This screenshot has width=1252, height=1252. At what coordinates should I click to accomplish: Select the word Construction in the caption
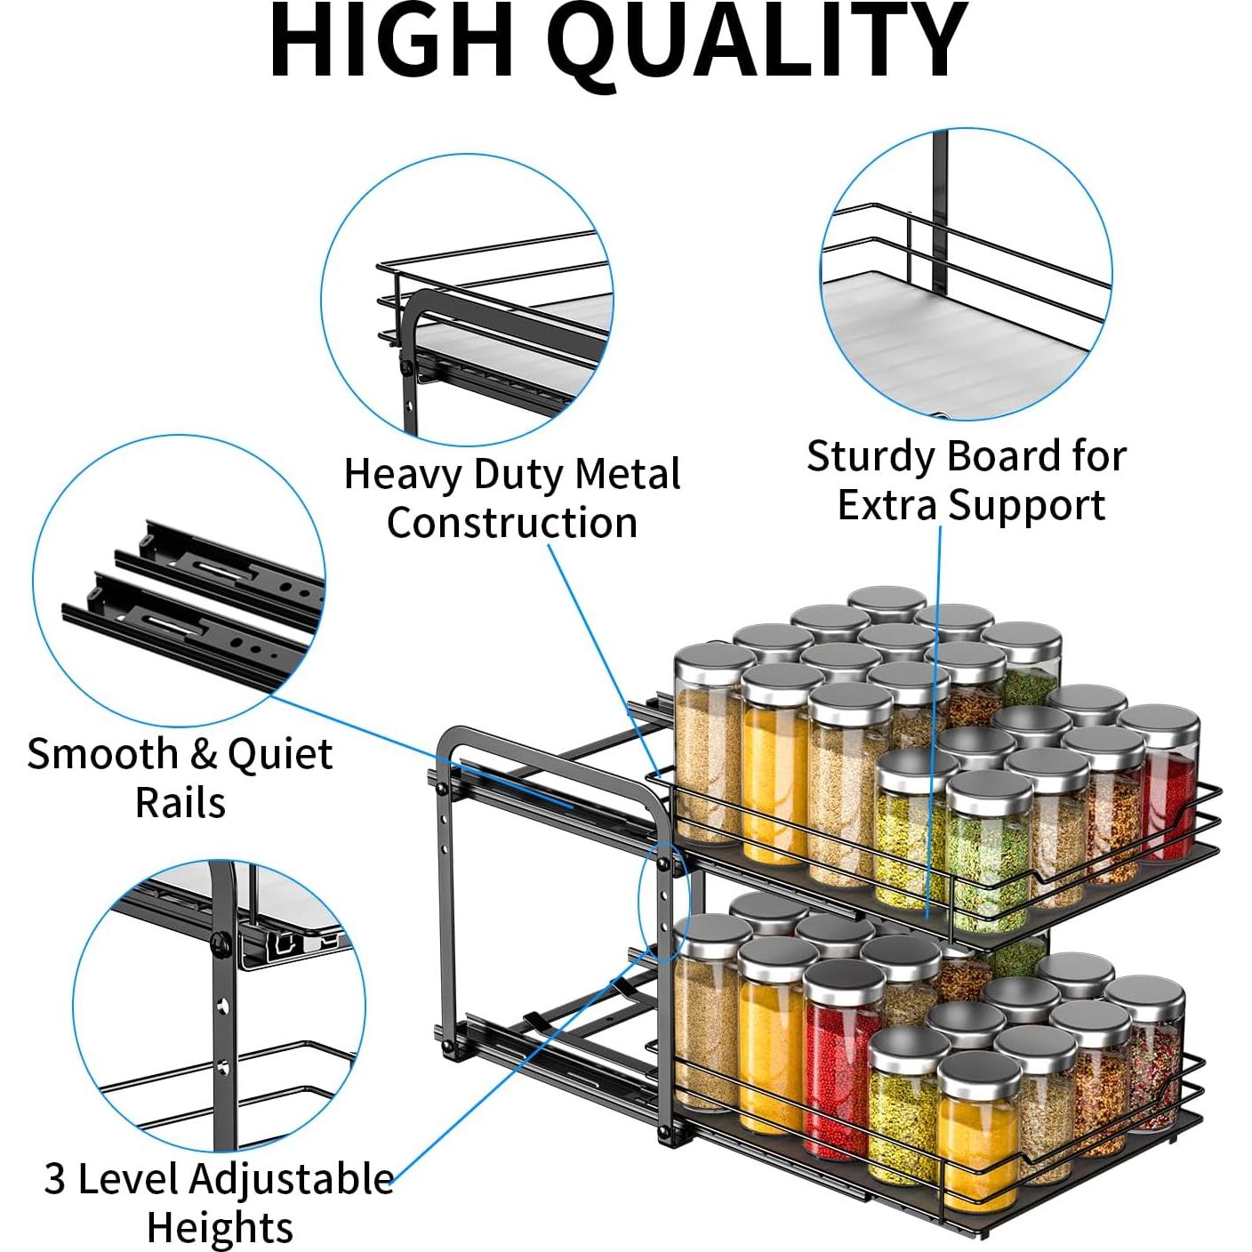pyautogui.click(x=512, y=522)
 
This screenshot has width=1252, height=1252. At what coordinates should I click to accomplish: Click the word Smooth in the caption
pyautogui.click(x=102, y=754)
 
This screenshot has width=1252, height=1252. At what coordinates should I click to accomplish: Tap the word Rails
pyautogui.click(x=181, y=802)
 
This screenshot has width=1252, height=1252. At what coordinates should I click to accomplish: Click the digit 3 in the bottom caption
pyautogui.click(x=54, y=1180)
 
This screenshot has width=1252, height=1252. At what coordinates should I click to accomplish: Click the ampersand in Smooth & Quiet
pyautogui.click(x=204, y=755)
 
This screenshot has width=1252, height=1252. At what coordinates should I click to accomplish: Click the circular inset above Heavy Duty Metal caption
pyautogui.click(x=467, y=299)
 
